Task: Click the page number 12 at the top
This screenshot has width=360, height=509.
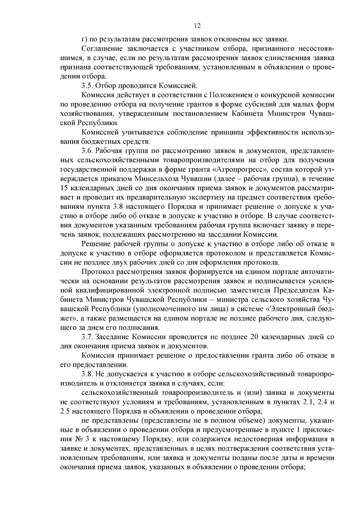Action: (197, 26)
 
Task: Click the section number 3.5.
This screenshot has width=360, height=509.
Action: (87, 86)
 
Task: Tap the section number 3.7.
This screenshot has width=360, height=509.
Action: (87, 337)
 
